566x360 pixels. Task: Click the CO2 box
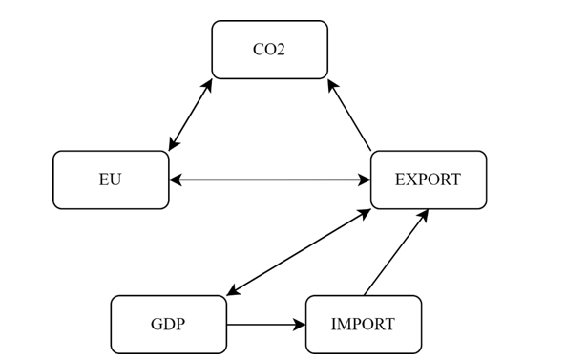[x=269, y=50]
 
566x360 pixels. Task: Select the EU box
[x=111, y=180]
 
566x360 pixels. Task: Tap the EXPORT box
[x=428, y=180]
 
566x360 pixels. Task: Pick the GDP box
[x=168, y=324]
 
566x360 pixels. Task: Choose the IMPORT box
[x=363, y=324]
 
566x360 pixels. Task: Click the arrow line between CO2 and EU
[x=190, y=115]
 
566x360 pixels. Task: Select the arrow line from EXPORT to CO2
[x=349, y=116]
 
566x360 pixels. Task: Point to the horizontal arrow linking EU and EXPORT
[x=269, y=180]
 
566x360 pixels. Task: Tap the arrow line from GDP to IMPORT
[x=265, y=325]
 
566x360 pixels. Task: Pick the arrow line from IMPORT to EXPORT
[x=396, y=252]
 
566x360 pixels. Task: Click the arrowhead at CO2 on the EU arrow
[x=208, y=84]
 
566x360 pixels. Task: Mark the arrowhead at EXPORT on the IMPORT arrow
[x=424, y=214]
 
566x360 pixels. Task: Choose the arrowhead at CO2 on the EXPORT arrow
[x=331, y=84]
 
